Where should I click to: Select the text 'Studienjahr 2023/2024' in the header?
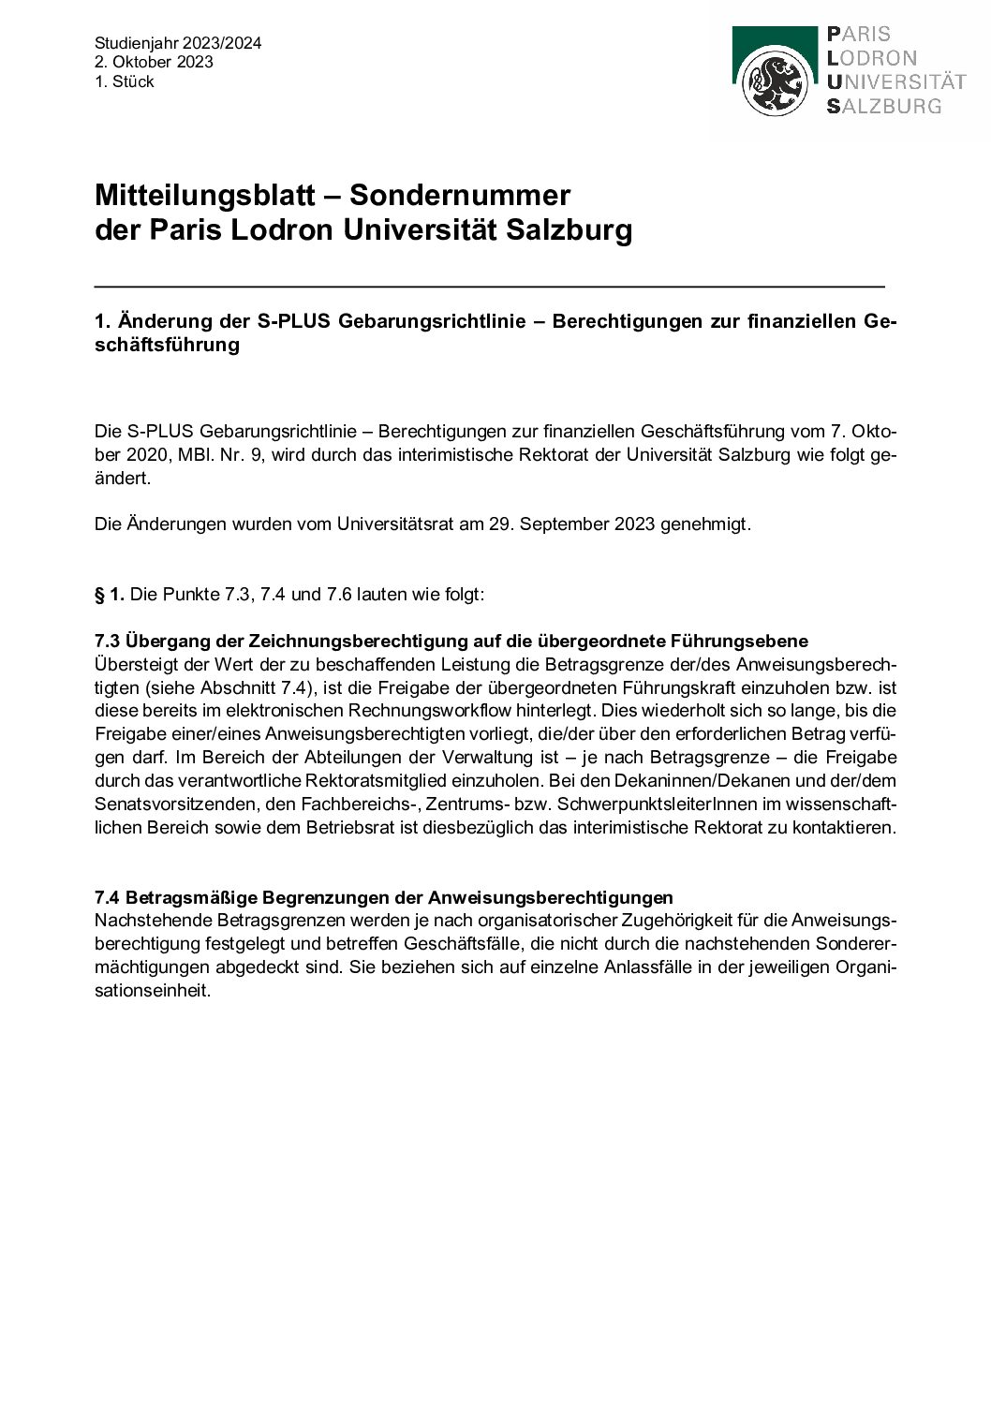click(x=178, y=43)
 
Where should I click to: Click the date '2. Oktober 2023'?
click(x=154, y=62)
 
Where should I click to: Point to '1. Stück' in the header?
click(x=124, y=81)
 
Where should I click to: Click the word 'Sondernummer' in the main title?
click(x=460, y=195)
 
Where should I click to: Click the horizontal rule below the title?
click(x=489, y=286)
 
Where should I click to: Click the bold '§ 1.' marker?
click(x=110, y=595)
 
